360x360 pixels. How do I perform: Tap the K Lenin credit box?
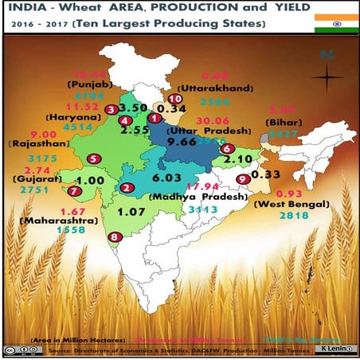pos(333,349)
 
